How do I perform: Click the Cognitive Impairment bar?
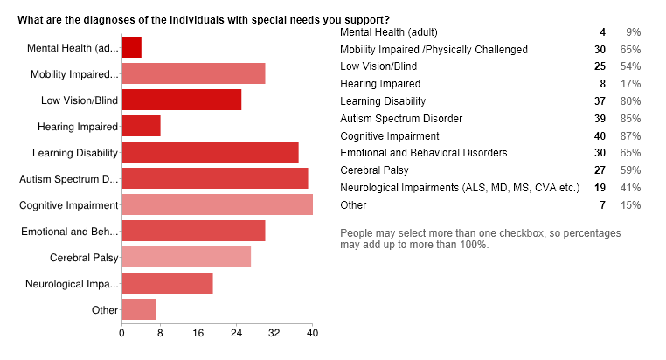(217, 205)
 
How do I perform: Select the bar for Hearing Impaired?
(141, 127)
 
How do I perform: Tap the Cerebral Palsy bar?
(186, 258)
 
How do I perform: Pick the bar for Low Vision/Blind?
(181, 100)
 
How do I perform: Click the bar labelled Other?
(138, 310)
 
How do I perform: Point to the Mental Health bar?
(131, 47)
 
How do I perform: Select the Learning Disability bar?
(210, 153)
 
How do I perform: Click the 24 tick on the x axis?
(236, 333)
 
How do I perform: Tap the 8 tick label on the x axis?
(160, 333)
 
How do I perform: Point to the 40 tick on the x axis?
(312, 333)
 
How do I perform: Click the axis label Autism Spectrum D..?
(68, 179)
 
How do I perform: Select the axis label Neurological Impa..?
(71, 284)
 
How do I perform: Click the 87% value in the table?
(631, 135)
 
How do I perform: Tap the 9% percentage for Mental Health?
(634, 31)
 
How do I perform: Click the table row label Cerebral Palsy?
(374, 170)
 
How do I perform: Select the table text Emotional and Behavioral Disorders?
(423, 153)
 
